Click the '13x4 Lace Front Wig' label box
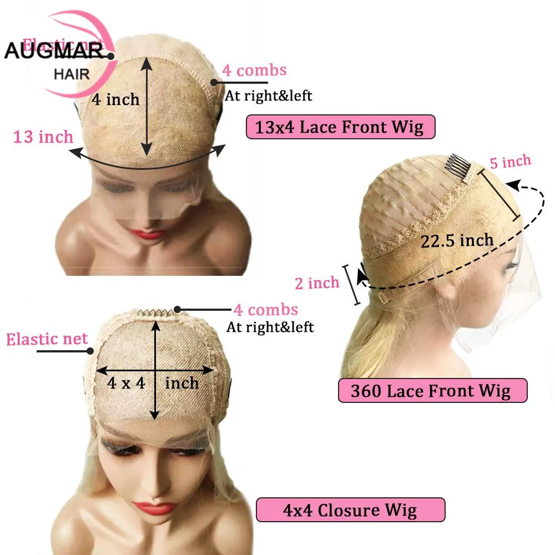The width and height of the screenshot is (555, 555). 340,127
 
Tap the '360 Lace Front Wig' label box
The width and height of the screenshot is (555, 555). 432,391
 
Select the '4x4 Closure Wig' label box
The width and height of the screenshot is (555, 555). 350,510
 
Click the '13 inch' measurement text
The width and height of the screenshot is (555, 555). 43,137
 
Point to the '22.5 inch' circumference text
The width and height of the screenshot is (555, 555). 457,240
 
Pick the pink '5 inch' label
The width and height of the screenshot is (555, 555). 510,162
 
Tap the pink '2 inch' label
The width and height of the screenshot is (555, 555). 317,283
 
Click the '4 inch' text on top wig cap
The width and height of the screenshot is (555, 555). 115,100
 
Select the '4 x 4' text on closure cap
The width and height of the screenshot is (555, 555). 127,382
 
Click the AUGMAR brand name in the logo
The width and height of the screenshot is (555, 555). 54,51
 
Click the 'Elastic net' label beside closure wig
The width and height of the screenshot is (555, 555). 47,339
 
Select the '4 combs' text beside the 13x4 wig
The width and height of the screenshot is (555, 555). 254,70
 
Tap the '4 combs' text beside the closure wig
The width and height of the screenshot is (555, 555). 265,310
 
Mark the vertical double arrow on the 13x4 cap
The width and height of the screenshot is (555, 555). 147,106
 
